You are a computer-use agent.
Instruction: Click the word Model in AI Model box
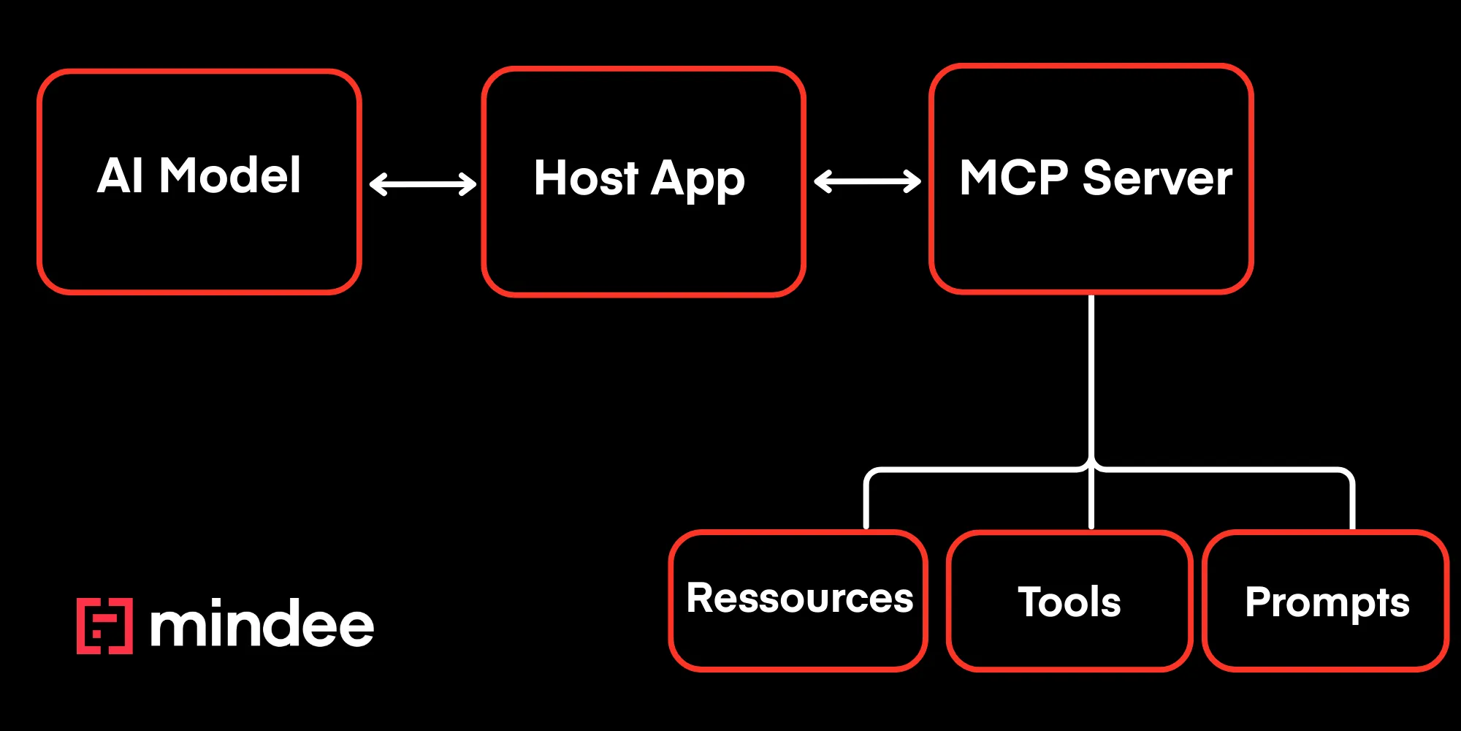tap(229, 176)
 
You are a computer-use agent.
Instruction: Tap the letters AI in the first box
tap(120, 176)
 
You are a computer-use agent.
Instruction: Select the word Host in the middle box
tap(586, 178)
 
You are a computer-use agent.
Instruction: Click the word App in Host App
tap(698, 180)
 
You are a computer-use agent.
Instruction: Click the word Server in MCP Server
tap(1157, 178)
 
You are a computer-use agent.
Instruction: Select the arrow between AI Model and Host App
tap(423, 183)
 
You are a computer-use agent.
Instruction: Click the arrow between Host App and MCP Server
tap(867, 181)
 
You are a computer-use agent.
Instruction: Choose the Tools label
tap(1069, 602)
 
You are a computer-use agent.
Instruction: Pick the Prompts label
tap(1327, 602)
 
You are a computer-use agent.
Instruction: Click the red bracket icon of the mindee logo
tap(104, 626)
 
